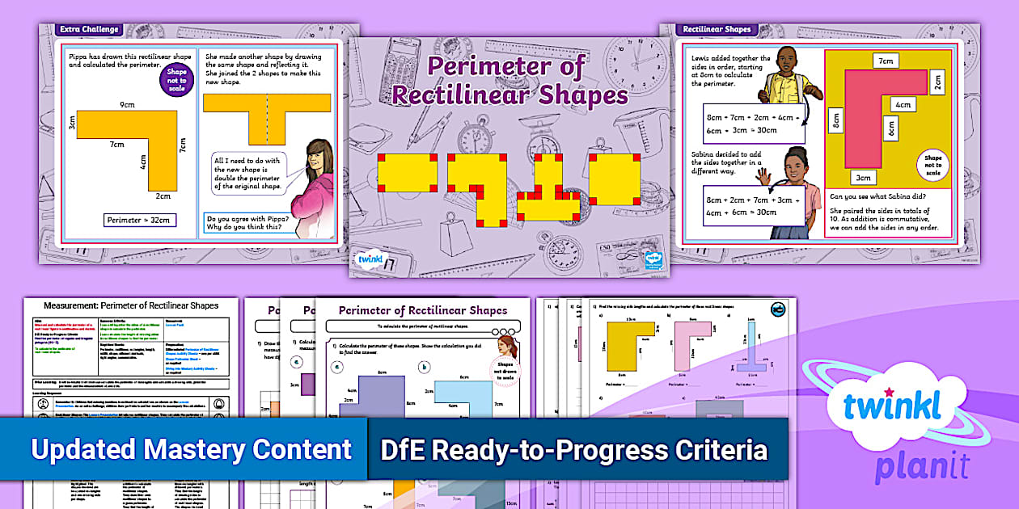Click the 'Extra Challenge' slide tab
click(x=89, y=30)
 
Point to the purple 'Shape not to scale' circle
click(x=176, y=81)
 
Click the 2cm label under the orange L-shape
click(x=163, y=196)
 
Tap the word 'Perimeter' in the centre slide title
click(x=505, y=66)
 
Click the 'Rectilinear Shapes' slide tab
click(x=716, y=30)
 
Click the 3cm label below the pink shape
click(x=863, y=178)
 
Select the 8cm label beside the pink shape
click(x=835, y=120)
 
